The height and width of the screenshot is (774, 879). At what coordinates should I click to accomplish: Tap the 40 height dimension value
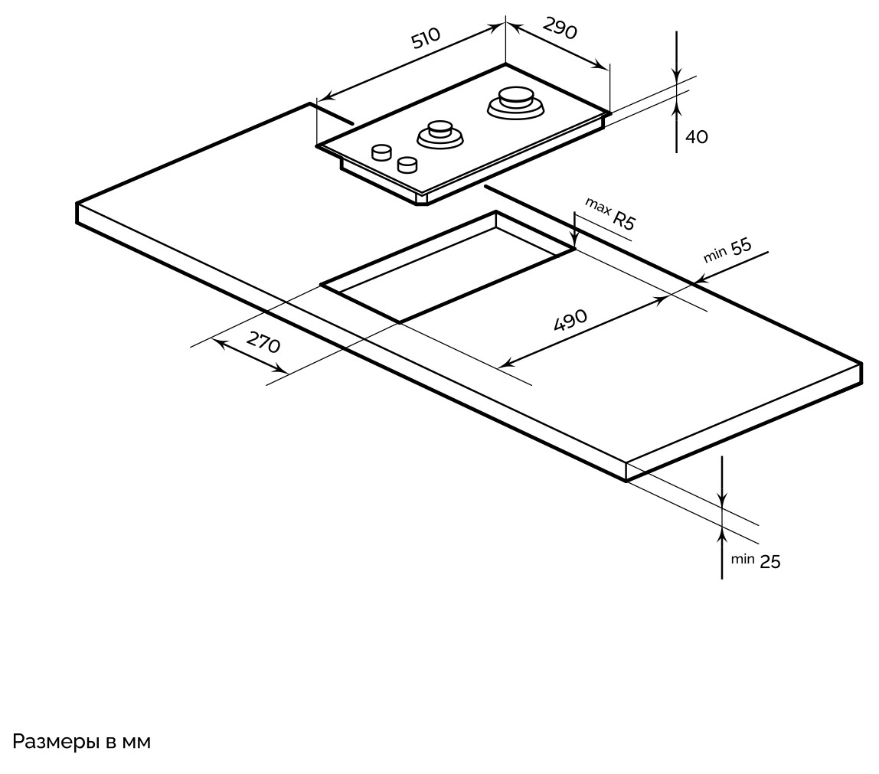tap(697, 137)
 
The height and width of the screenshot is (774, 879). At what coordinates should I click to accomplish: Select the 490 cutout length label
tap(570, 319)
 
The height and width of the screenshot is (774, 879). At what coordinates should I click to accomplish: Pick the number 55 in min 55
tap(741, 247)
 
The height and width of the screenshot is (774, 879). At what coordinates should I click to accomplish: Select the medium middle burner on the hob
tap(440, 134)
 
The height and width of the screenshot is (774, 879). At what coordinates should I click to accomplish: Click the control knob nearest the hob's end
tap(381, 152)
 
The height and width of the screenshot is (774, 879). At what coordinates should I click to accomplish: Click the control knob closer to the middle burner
tap(407, 164)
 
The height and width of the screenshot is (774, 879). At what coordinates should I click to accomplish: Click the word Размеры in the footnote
tap(55, 742)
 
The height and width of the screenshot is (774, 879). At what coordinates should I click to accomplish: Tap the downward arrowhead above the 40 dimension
tap(677, 73)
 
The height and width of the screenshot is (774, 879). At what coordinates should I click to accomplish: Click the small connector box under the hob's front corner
tap(421, 199)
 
